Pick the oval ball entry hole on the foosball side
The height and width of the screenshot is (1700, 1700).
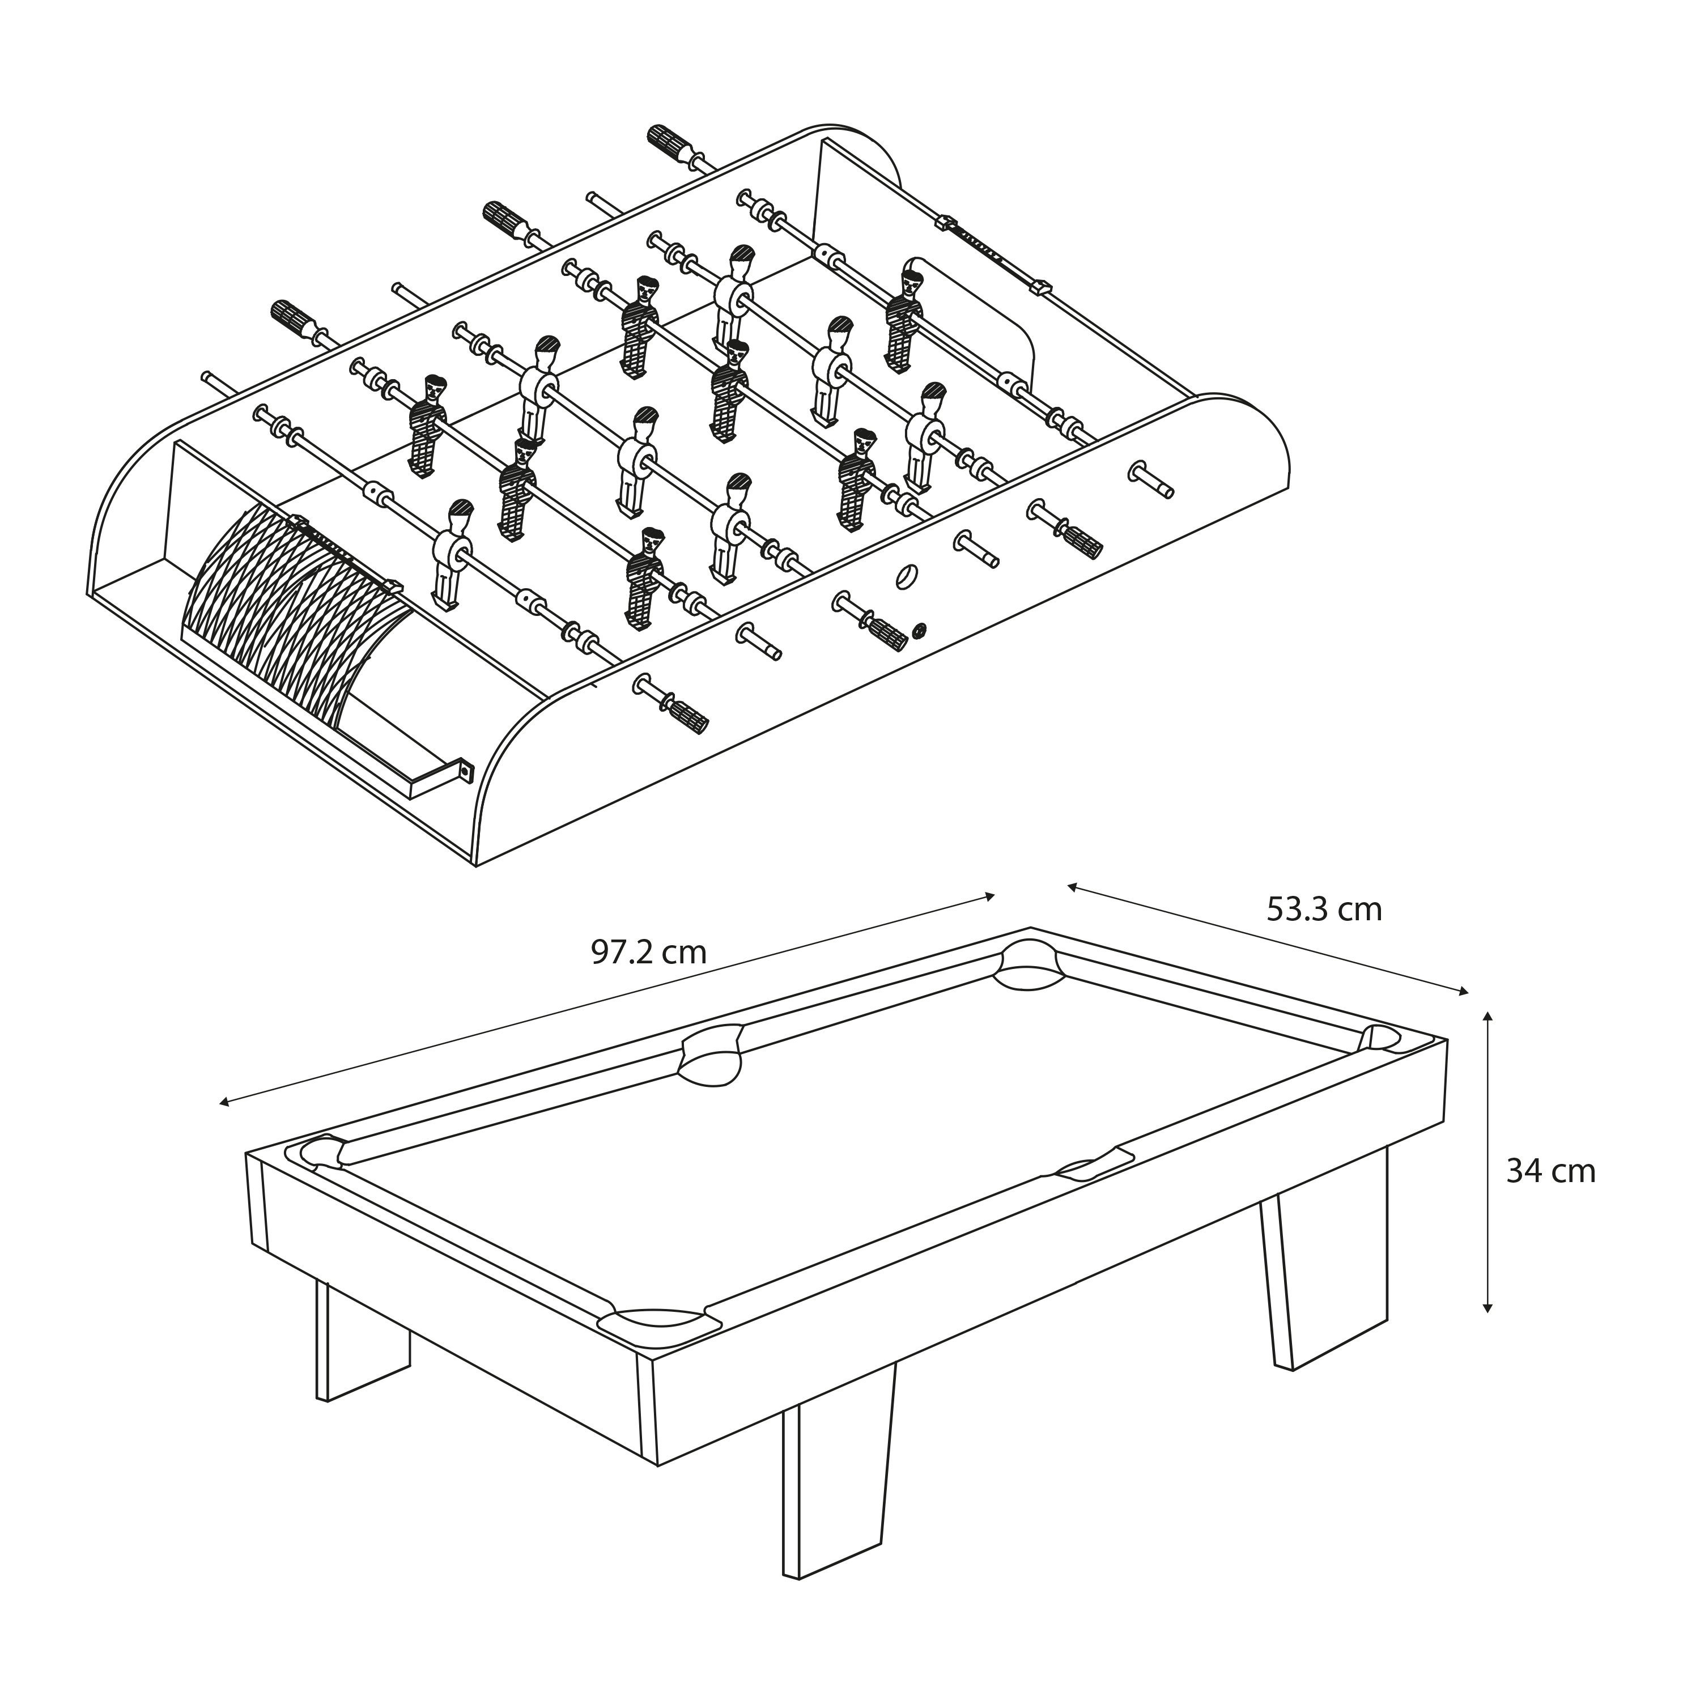click(906, 576)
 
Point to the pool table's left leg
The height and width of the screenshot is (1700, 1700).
click(361, 1337)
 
